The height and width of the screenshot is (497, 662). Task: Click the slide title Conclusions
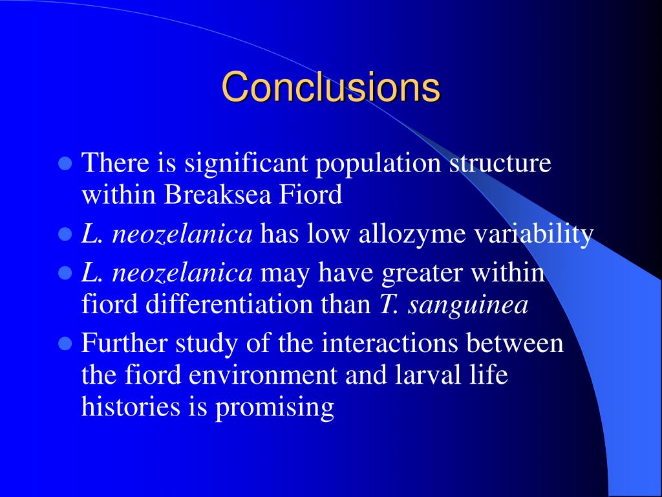click(x=331, y=87)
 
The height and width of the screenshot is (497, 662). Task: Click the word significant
click(x=246, y=163)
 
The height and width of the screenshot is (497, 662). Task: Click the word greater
click(x=423, y=273)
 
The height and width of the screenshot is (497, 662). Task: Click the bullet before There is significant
click(x=65, y=163)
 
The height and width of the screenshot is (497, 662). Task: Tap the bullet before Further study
click(x=65, y=344)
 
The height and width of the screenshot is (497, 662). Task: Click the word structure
click(x=500, y=163)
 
